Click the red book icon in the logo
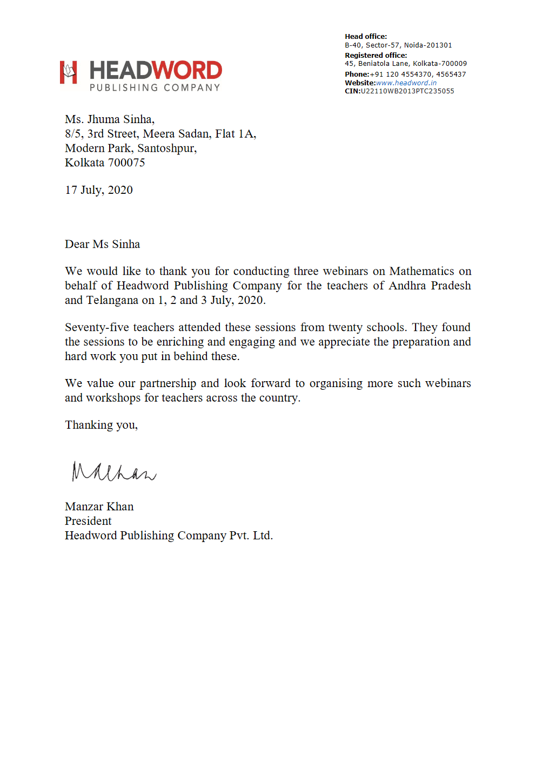tap(68, 72)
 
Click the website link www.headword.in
tap(406, 83)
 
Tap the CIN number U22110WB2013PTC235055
tap(407, 91)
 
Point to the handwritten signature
tap(113, 472)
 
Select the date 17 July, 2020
tap(99, 190)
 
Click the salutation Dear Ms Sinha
tap(102, 244)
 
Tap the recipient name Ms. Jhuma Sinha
tap(110, 119)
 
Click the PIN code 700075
tap(126, 163)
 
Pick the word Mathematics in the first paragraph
tap(421, 271)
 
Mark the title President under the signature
tap(88, 521)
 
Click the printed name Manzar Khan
tap(99, 506)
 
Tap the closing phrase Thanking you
tap(101, 425)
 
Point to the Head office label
tap(366, 37)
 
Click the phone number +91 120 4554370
tap(400, 75)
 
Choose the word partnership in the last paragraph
tap(167, 383)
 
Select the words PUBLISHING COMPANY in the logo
tap(155, 87)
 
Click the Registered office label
tap(376, 55)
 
